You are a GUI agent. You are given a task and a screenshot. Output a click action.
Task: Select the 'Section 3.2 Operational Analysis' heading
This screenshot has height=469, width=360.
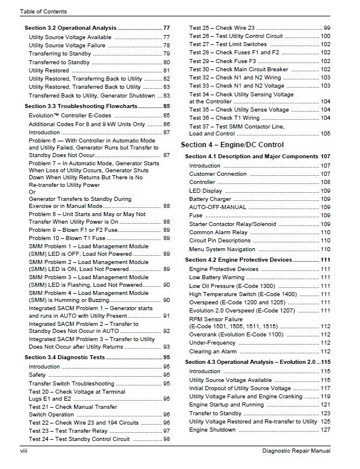coord(70,28)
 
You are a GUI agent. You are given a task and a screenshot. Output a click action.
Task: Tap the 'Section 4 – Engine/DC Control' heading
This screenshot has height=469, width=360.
coord(232,144)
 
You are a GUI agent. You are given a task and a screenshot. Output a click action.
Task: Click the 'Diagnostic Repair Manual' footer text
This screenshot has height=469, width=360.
coord(296,451)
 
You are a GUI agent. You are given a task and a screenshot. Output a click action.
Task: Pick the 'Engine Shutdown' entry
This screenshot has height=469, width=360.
coord(212,430)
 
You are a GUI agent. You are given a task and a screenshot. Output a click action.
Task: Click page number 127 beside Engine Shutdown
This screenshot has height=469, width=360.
coord(325,430)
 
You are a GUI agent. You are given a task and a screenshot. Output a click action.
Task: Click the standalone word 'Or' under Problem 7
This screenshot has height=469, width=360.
coord(33,192)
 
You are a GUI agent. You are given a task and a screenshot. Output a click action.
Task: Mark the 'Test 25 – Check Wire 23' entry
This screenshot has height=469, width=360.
coord(222,28)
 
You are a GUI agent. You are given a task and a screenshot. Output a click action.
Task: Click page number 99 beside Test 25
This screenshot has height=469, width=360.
coord(327,28)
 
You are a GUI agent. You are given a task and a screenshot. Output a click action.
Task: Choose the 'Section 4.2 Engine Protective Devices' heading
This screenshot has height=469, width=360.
coord(238,259)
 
